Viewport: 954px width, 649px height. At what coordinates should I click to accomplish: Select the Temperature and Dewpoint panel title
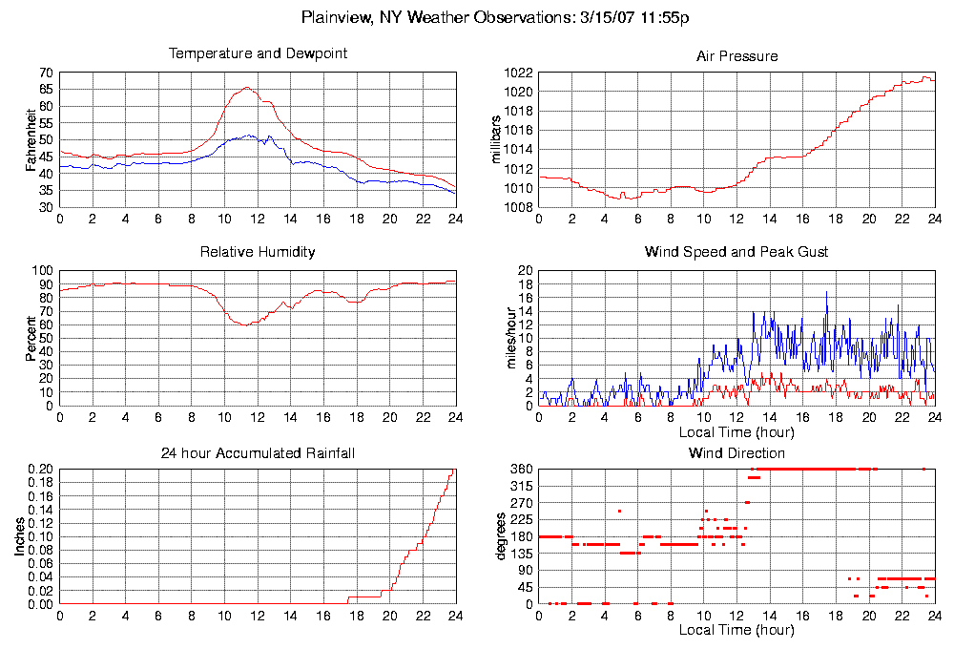(258, 53)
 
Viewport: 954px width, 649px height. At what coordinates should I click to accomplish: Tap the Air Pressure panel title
(736, 56)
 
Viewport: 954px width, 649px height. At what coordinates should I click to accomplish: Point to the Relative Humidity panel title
(258, 252)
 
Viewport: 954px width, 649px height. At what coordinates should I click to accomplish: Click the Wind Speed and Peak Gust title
(736, 252)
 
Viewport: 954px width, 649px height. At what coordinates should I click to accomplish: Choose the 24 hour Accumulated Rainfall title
(258, 452)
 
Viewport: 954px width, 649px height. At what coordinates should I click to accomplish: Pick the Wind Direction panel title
(736, 452)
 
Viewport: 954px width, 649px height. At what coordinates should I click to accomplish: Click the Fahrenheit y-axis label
(31, 140)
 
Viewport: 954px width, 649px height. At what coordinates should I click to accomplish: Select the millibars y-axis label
(495, 139)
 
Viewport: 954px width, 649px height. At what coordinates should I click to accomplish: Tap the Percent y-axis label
(31, 338)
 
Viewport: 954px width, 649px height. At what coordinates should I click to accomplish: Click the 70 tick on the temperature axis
(46, 73)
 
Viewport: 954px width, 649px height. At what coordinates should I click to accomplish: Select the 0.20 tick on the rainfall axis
(40, 470)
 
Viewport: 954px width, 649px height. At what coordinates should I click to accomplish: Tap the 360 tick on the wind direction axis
(520, 470)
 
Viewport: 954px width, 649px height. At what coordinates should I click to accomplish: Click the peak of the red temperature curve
(246, 87)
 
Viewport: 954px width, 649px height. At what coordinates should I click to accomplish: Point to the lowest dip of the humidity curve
(243, 325)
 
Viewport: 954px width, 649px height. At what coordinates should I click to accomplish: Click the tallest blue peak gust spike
(826, 292)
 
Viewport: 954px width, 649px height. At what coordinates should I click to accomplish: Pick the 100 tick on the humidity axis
(43, 271)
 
